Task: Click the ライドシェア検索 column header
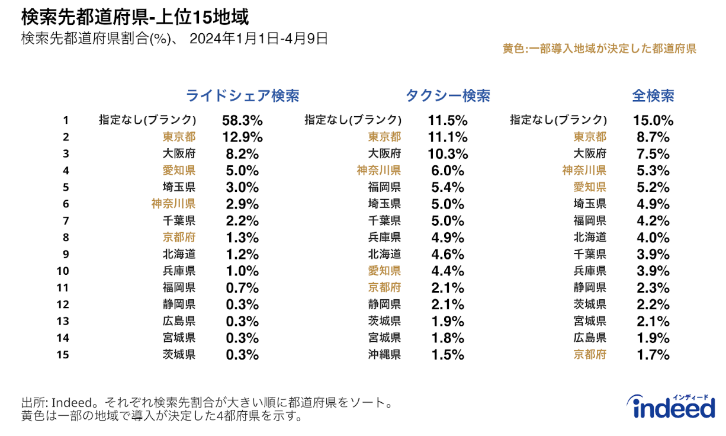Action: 242,96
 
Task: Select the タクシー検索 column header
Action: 448,96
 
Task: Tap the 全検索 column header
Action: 653,96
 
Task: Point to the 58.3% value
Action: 242,120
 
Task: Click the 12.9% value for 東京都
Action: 242,137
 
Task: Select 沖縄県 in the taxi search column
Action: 384,355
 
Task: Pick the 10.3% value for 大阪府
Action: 448,154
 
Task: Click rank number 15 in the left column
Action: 66,355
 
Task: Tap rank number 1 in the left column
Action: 66,120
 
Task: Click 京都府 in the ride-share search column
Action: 179,238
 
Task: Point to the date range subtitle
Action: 174,39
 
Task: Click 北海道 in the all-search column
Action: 590,238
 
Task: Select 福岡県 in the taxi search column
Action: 384,187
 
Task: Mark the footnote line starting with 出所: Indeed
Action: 207,403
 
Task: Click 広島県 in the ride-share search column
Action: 179,321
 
